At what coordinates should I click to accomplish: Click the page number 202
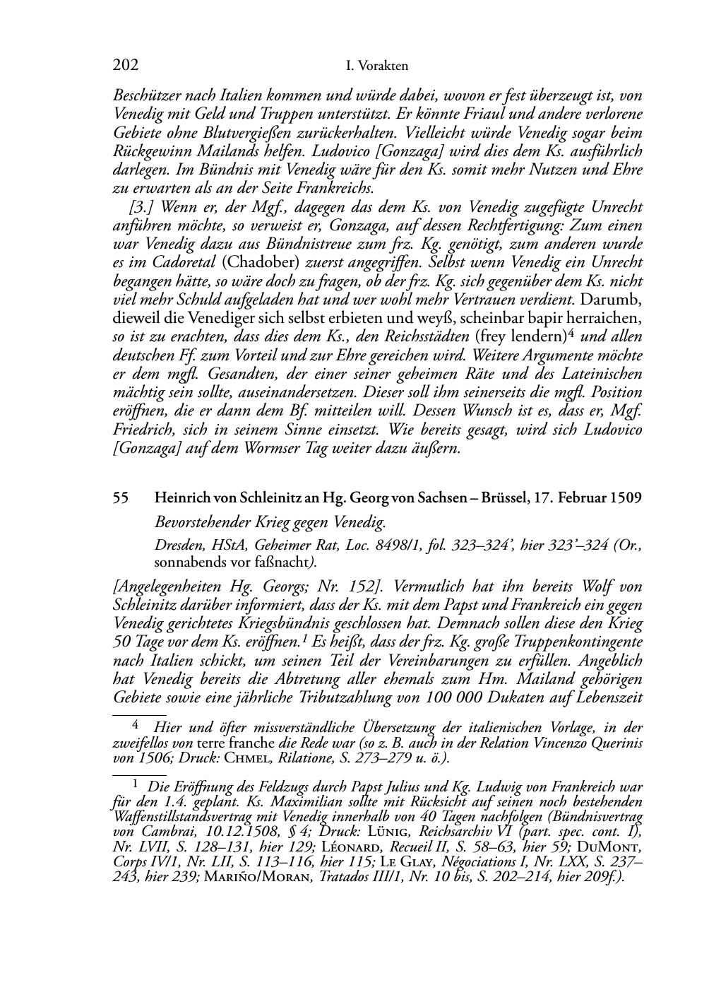click(125, 66)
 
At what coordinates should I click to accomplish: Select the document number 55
click(121, 497)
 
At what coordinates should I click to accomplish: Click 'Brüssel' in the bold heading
click(504, 497)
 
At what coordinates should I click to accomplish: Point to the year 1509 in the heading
click(625, 497)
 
